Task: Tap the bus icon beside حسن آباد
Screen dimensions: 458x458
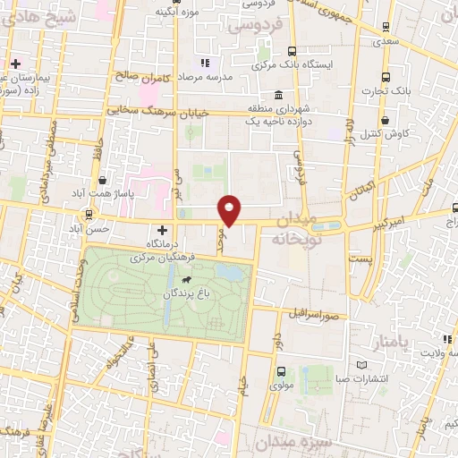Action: click(89, 215)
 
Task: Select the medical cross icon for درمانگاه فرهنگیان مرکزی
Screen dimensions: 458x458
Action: click(161, 230)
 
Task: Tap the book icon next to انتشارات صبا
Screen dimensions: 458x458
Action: click(361, 366)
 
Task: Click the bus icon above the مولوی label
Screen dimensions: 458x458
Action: click(282, 372)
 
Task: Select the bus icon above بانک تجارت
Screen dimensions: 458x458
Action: click(386, 78)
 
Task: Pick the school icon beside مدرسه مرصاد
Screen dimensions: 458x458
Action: click(205, 63)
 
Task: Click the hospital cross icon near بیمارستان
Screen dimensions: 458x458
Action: click(16, 64)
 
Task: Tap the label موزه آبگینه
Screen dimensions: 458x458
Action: click(176, 11)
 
